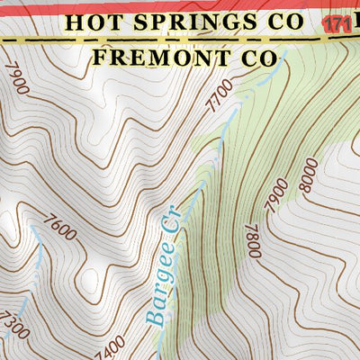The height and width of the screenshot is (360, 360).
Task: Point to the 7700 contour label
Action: pos(215,94)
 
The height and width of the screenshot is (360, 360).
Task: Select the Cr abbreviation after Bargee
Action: pos(169,220)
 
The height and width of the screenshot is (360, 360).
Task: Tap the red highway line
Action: pos(180,4)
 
